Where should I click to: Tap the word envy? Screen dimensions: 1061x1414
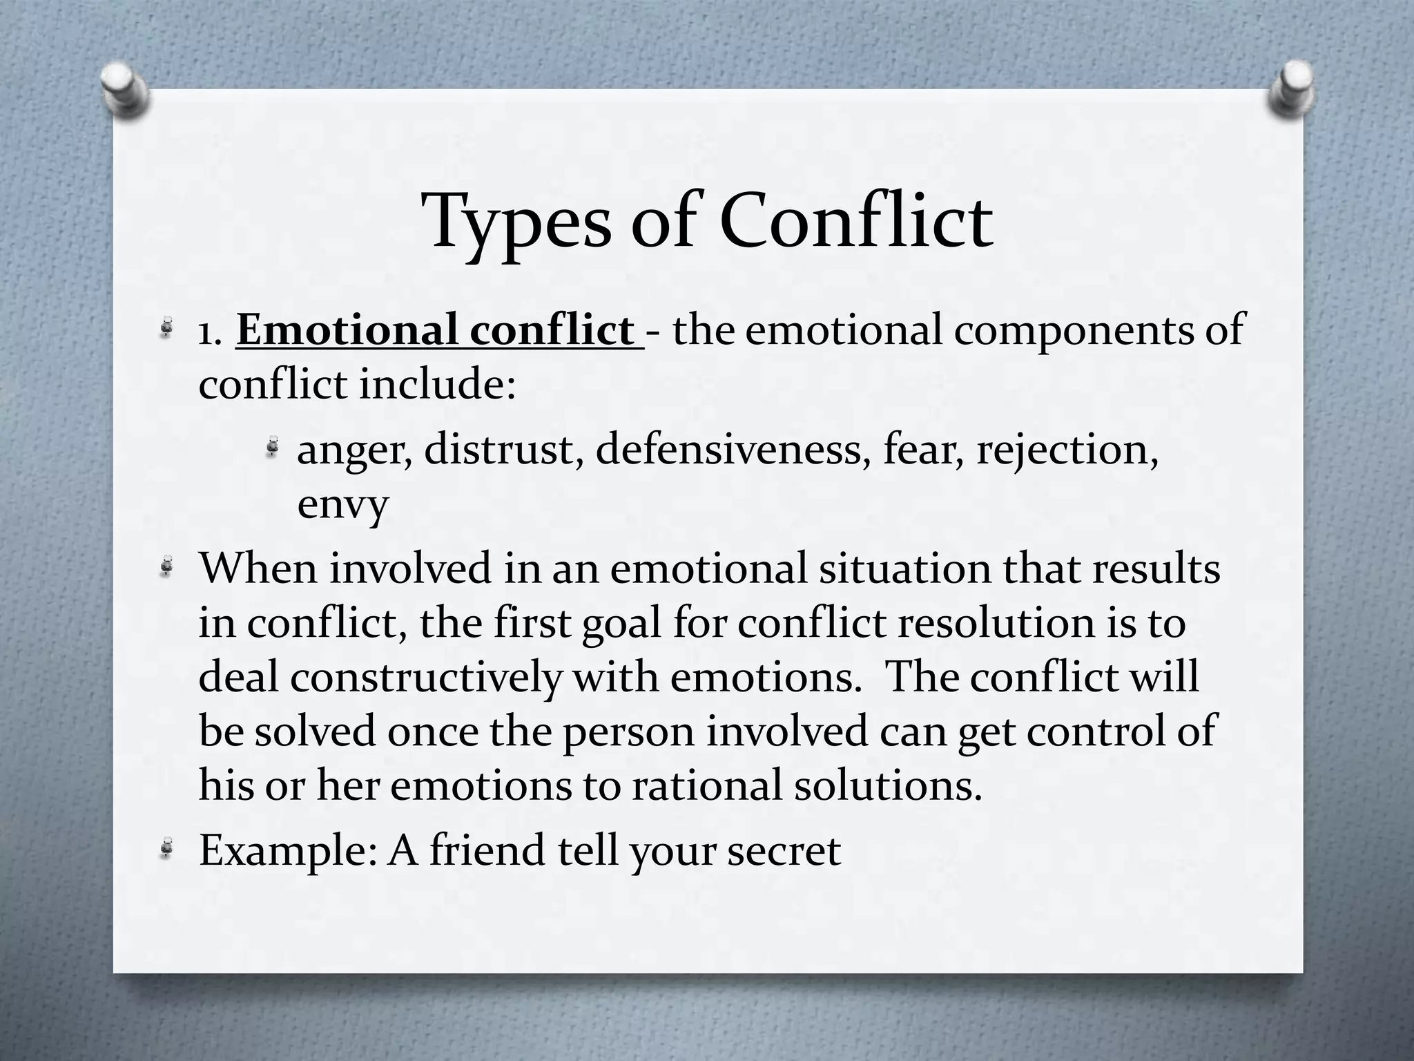[x=342, y=506]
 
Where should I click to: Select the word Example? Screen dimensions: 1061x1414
[x=287, y=851]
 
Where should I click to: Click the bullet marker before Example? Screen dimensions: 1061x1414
[x=166, y=849]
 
